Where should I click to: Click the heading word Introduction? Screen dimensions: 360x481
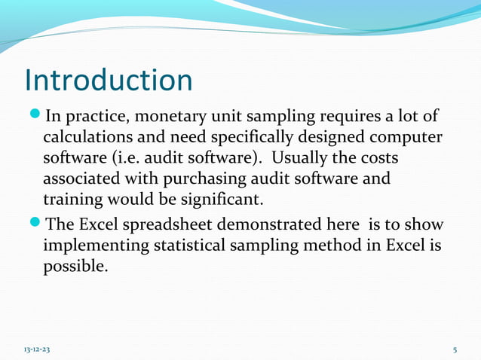click(109, 81)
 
